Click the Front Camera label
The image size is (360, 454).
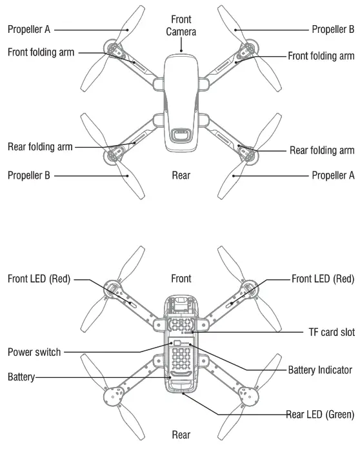tap(181, 25)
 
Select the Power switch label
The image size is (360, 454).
tap(34, 352)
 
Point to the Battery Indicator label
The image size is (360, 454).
tap(320, 370)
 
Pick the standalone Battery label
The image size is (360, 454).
tap(21, 376)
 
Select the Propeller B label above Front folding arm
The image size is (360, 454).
tap(333, 29)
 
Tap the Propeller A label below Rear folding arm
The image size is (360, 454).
tap(333, 175)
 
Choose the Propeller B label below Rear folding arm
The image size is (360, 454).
tap(29, 175)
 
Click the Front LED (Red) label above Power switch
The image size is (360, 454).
tap(39, 279)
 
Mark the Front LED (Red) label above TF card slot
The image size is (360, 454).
tap(323, 279)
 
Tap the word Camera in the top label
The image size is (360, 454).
tap(181, 31)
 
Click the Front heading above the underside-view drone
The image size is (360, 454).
tap(181, 279)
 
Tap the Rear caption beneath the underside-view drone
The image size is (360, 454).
tap(181, 435)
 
